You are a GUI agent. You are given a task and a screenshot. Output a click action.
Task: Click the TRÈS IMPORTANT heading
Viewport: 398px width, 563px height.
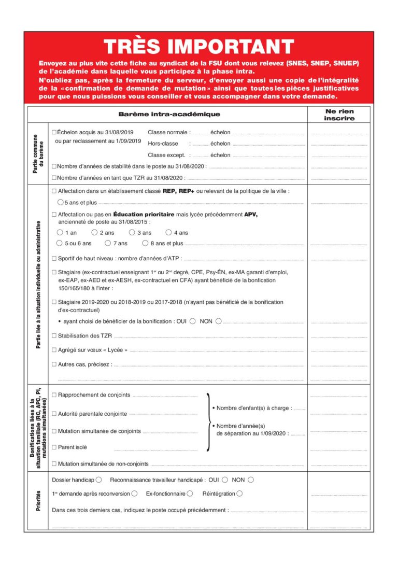pos(199,47)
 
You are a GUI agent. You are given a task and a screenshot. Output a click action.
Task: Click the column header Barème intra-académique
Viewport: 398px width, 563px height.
pos(169,114)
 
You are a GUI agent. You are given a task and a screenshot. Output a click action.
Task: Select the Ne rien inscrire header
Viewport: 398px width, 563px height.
pos(339,115)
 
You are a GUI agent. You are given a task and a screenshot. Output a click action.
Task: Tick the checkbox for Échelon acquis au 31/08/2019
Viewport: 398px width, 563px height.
pos(54,133)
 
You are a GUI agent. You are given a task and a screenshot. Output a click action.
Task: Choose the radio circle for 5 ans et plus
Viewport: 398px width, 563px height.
pos(61,202)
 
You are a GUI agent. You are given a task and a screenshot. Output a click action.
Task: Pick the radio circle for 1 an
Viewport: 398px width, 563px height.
pos(60,233)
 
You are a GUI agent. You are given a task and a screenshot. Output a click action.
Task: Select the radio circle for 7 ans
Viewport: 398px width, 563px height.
pos(108,243)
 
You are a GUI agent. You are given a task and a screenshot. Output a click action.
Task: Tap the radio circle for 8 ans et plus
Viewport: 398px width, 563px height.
pos(146,243)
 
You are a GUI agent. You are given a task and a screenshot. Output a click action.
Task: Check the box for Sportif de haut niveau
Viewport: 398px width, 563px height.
pos(54,258)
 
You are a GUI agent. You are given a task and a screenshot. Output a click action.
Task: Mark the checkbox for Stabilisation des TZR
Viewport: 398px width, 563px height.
pos(54,335)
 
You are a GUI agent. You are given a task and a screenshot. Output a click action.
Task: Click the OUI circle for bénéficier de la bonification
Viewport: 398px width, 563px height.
pos(192,321)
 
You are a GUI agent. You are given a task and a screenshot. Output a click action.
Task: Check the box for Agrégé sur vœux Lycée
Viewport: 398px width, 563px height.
pos(54,349)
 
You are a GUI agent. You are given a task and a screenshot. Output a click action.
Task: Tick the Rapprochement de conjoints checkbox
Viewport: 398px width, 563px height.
pos(54,395)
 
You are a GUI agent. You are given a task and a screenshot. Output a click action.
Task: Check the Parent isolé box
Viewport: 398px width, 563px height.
pos(54,447)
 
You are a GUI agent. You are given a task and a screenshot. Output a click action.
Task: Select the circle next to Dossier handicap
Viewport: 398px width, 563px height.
pos(99,480)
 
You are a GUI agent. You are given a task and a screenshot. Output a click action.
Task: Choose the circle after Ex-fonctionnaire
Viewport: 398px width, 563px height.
pos(190,494)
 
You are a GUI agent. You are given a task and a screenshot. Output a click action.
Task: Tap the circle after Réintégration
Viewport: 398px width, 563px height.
pos(239,494)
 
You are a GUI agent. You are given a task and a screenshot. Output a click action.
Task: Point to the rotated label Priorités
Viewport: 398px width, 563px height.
pos(38,501)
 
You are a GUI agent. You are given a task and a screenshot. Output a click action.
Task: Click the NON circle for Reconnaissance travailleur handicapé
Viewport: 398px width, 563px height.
pos(251,480)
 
